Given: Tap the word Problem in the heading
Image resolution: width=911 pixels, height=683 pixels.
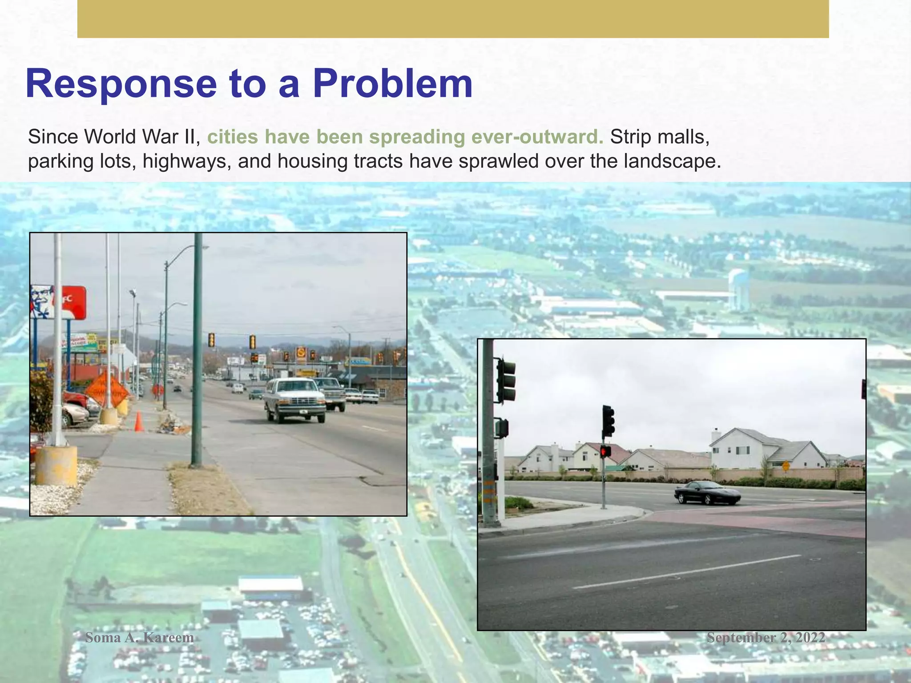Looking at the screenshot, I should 392,83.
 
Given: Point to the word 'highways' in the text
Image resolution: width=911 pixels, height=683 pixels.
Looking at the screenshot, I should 186,161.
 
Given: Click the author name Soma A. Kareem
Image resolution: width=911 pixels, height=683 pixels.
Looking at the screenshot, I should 139,638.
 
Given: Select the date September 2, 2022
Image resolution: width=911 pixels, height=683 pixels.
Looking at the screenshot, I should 766,638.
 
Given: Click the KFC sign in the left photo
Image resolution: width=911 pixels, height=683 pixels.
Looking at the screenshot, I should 58,302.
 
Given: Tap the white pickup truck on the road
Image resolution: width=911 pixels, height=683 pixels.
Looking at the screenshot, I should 294,400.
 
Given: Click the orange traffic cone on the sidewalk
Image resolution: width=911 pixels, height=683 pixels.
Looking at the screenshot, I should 139,421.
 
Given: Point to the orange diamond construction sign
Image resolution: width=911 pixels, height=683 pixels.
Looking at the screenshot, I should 106,390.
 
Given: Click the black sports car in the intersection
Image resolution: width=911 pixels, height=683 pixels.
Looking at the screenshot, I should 707,493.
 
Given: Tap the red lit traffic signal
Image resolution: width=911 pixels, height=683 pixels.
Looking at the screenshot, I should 605,451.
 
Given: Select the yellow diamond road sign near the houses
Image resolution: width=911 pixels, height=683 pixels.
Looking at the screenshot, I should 786,466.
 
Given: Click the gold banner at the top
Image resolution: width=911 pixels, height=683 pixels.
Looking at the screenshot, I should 453,19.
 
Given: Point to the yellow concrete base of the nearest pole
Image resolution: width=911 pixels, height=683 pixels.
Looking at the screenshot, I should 56,465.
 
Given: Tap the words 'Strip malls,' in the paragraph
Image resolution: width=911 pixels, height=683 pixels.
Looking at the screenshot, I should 659,137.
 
